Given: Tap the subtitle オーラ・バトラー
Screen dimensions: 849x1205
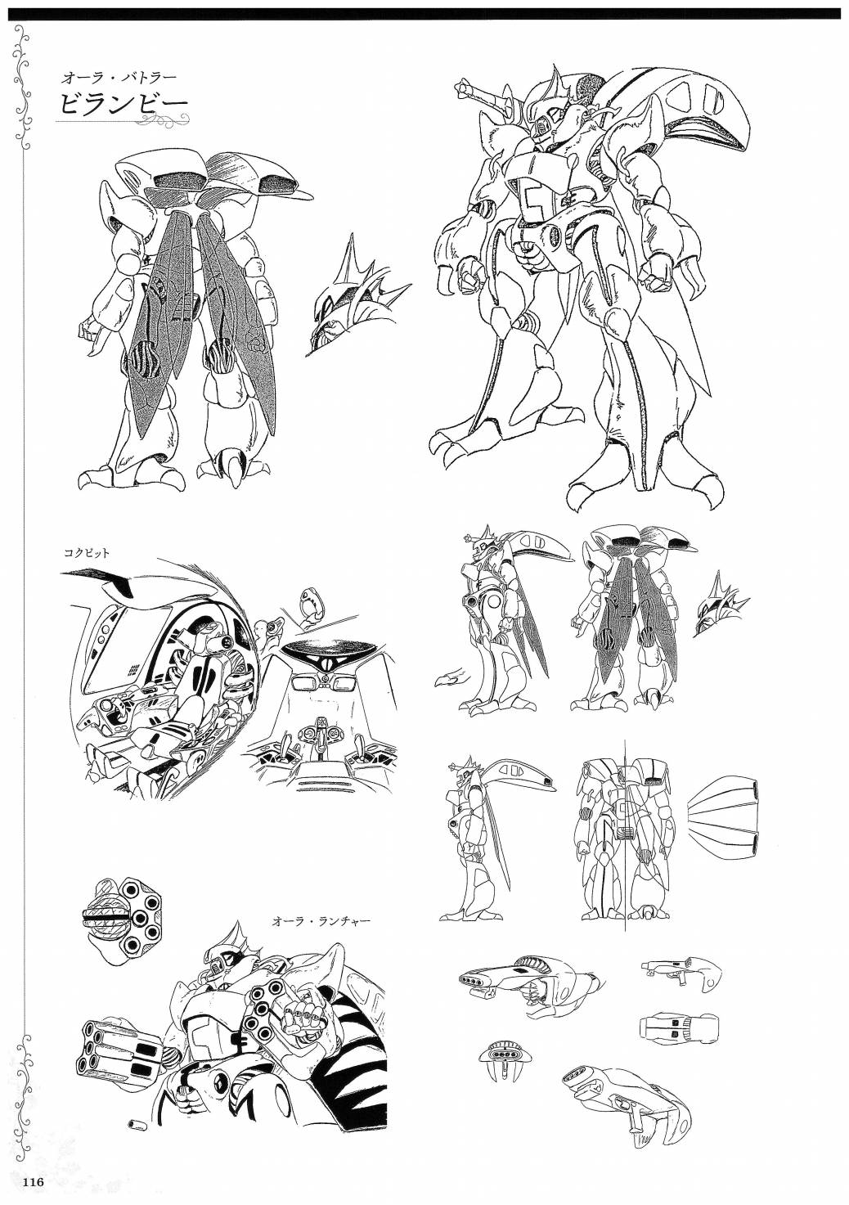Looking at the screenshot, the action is [x=119, y=78].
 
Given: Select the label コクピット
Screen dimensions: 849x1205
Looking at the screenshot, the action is [x=86, y=552].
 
